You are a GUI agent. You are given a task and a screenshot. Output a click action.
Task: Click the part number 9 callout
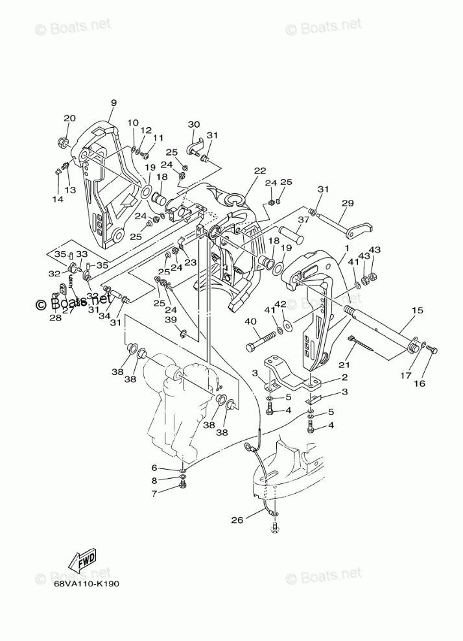click(113, 103)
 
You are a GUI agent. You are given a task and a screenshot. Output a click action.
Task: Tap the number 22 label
click(260, 171)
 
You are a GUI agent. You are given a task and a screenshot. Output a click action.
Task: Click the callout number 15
click(417, 311)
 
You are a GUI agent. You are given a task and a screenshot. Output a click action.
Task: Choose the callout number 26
click(238, 520)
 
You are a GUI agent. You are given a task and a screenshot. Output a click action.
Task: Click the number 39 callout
click(171, 320)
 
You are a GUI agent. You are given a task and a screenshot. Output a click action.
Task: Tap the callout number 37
click(303, 220)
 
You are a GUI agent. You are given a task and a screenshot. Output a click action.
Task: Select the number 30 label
click(194, 125)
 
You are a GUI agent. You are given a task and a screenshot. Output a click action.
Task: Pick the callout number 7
click(154, 494)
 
